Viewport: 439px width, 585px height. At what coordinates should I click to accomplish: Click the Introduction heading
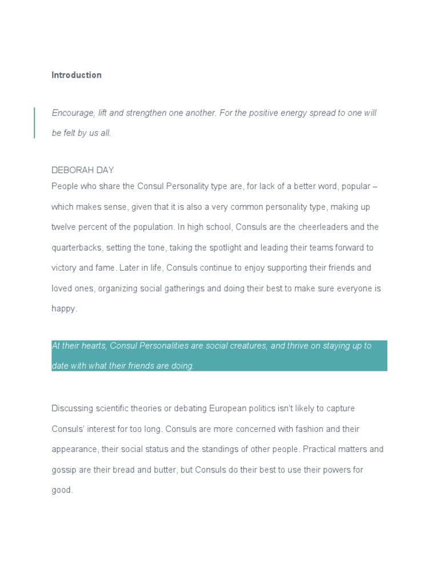point(77,75)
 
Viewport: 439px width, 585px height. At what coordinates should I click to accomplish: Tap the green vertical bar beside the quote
point(34,123)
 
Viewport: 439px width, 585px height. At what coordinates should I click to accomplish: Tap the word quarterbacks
point(77,248)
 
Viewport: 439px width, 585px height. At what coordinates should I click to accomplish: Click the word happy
point(63,309)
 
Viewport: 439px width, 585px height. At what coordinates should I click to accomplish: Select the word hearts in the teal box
point(92,346)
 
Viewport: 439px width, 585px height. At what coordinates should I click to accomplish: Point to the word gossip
point(63,470)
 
